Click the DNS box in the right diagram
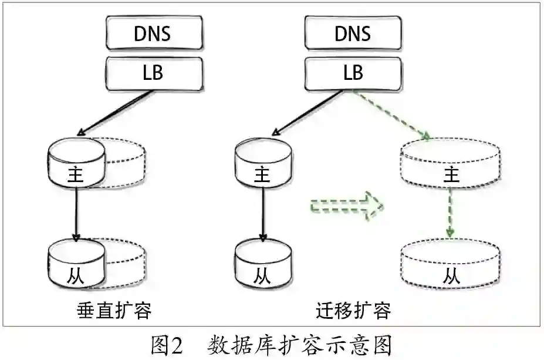coord(352,33)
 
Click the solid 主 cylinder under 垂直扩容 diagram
coord(76,164)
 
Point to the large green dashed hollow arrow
coord(346,206)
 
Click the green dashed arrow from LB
coord(390,115)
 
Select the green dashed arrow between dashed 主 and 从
coord(450,213)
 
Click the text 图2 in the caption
coord(167,344)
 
